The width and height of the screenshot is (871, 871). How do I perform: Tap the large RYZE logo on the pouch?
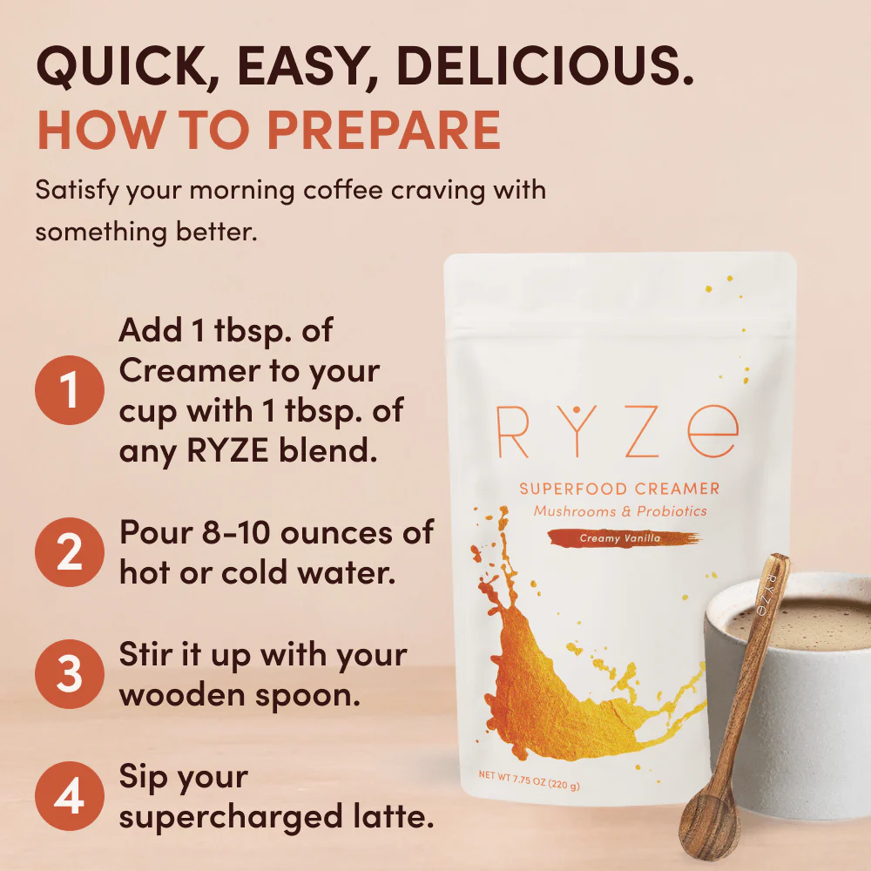tap(617, 429)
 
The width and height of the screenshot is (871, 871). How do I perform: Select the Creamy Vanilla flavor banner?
tap(622, 539)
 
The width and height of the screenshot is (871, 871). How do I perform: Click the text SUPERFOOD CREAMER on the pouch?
tap(619, 490)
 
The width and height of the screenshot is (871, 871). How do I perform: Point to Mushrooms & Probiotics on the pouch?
tap(619, 512)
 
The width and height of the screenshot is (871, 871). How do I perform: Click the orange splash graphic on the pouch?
tap(557, 679)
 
